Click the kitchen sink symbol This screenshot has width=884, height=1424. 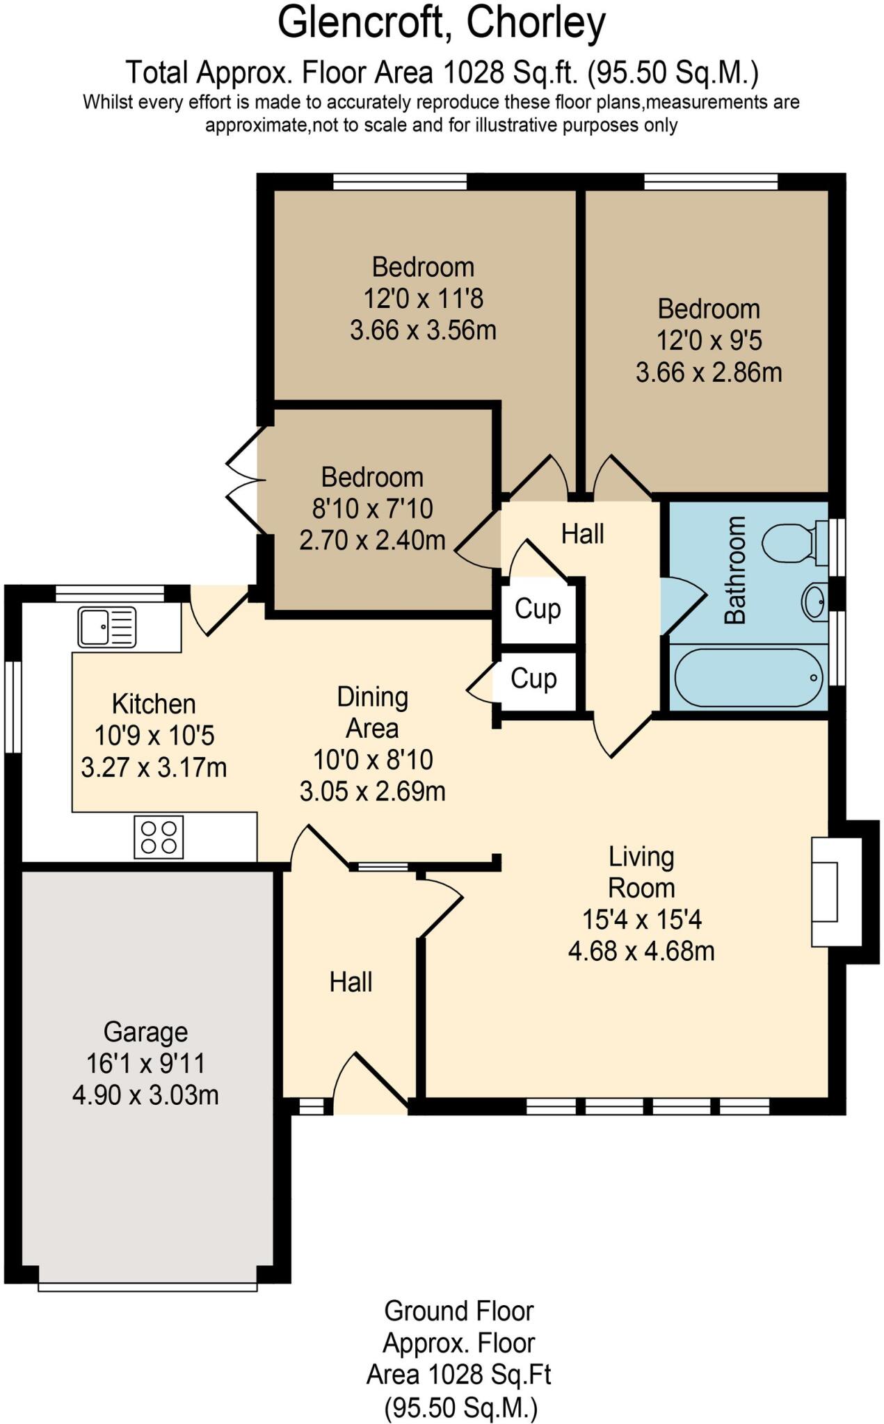106,626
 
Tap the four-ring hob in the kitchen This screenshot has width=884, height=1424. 159,837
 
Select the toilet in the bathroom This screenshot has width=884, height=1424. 791,542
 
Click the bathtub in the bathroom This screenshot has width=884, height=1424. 748,677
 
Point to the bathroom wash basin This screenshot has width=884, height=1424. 814,601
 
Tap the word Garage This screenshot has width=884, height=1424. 145,1032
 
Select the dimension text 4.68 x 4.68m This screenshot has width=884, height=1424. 641,950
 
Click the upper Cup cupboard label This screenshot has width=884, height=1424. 537,609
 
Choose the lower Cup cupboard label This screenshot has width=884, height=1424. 533,679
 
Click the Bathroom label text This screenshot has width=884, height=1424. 735,569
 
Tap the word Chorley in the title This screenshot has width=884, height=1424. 536,24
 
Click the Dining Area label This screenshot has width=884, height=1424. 372,712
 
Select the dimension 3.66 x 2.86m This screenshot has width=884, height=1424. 708,373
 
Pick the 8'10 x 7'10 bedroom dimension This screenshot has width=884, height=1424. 372,509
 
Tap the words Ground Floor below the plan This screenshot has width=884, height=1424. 458,1311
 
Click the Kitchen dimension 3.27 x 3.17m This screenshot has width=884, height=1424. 154,768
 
